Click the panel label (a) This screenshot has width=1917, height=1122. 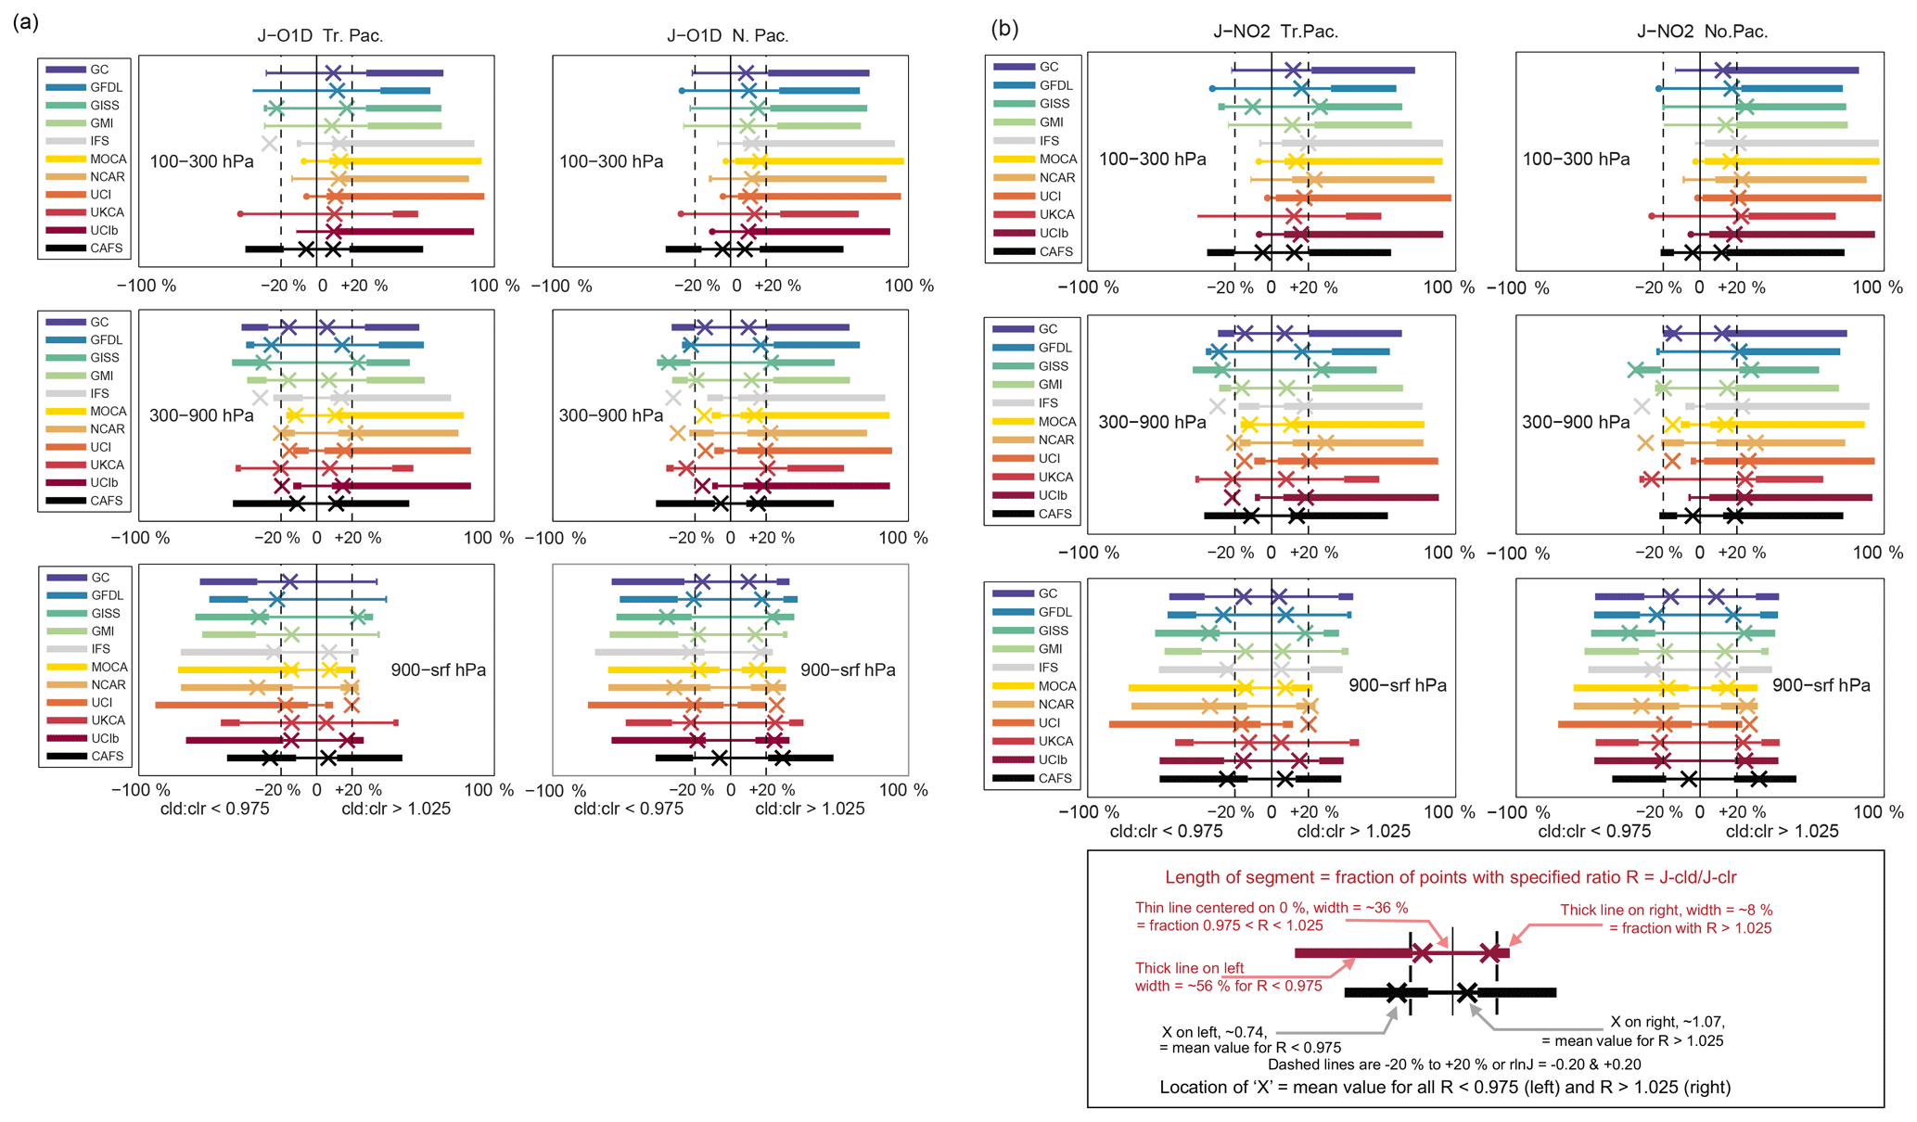coord(26,22)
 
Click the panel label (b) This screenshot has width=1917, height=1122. coord(1005,29)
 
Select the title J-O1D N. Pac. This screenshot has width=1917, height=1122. coord(727,36)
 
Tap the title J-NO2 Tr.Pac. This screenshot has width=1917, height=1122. coord(1275,32)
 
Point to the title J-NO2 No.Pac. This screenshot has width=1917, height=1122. coord(1702,32)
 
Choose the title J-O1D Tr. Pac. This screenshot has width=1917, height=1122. coord(320,36)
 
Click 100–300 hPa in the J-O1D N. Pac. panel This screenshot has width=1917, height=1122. coord(611,161)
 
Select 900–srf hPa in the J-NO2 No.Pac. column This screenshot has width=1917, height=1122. coord(1821,685)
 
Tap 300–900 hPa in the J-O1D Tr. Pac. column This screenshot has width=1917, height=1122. coord(201,415)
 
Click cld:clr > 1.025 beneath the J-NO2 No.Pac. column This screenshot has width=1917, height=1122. coord(1782,832)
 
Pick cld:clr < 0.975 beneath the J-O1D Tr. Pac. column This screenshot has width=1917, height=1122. coord(215,809)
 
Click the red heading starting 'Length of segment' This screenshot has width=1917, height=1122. coord(1451,877)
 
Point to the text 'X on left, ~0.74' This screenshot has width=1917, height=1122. coord(1214,1032)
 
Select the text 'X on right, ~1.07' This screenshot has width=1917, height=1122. coord(1668,1022)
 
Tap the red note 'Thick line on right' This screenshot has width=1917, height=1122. coord(1666,910)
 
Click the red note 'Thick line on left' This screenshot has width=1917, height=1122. coord(1190,968)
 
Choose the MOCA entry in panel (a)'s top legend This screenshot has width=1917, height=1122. coord(108,159)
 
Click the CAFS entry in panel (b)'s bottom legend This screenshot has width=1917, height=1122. coord(1054,778)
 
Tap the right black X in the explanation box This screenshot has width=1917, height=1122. coord(1466,993)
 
